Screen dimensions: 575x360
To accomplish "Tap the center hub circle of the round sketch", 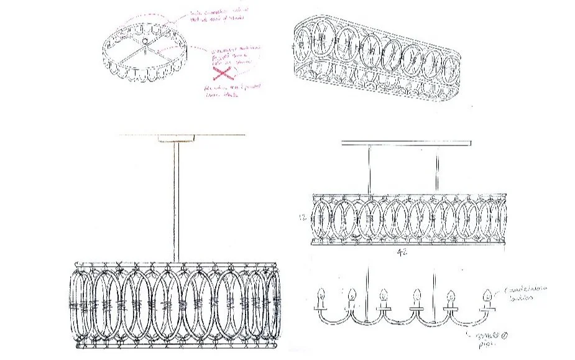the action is [x=144, y=42].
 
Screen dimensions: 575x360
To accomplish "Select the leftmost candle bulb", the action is [x=320, y=294].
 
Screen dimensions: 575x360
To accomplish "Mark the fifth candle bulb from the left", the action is [x=449, y=294].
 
